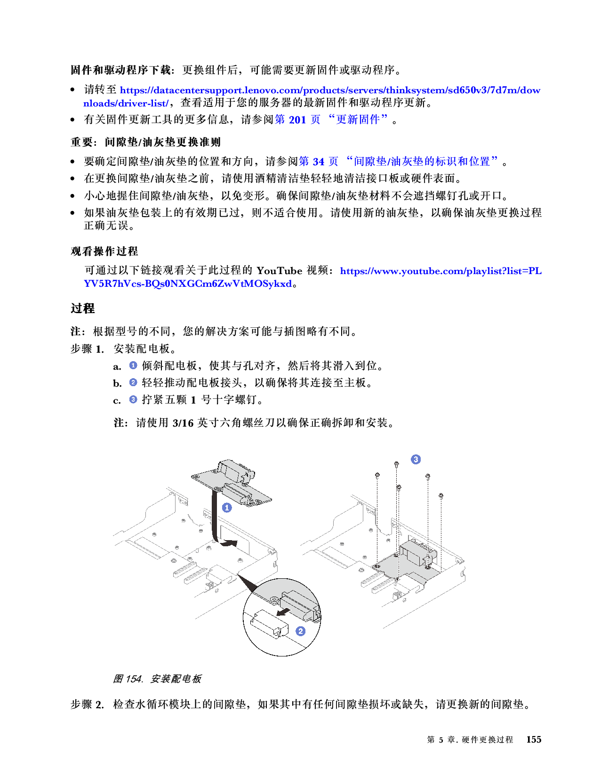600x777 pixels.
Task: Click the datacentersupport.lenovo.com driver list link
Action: pos(329,90)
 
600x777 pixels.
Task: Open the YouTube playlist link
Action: pos(440,271)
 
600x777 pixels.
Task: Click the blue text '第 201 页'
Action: pos(297,120)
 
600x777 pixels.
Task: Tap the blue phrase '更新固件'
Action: pos(358,120)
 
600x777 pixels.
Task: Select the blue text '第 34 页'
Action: pos(319,162)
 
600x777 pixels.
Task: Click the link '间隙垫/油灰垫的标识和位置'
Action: pos(422,162)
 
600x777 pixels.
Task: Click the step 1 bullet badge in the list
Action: pos(133,365)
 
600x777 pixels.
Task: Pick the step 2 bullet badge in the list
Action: pos(133,382)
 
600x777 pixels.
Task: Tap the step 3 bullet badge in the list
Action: pos(133,399)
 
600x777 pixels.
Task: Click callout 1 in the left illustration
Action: pos(227,508)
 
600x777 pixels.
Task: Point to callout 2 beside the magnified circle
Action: pos(300,631)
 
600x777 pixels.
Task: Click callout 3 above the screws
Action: pos(416,459)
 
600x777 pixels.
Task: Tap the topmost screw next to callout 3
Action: pos(397,464)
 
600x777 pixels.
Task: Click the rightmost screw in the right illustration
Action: pos(441,495)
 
